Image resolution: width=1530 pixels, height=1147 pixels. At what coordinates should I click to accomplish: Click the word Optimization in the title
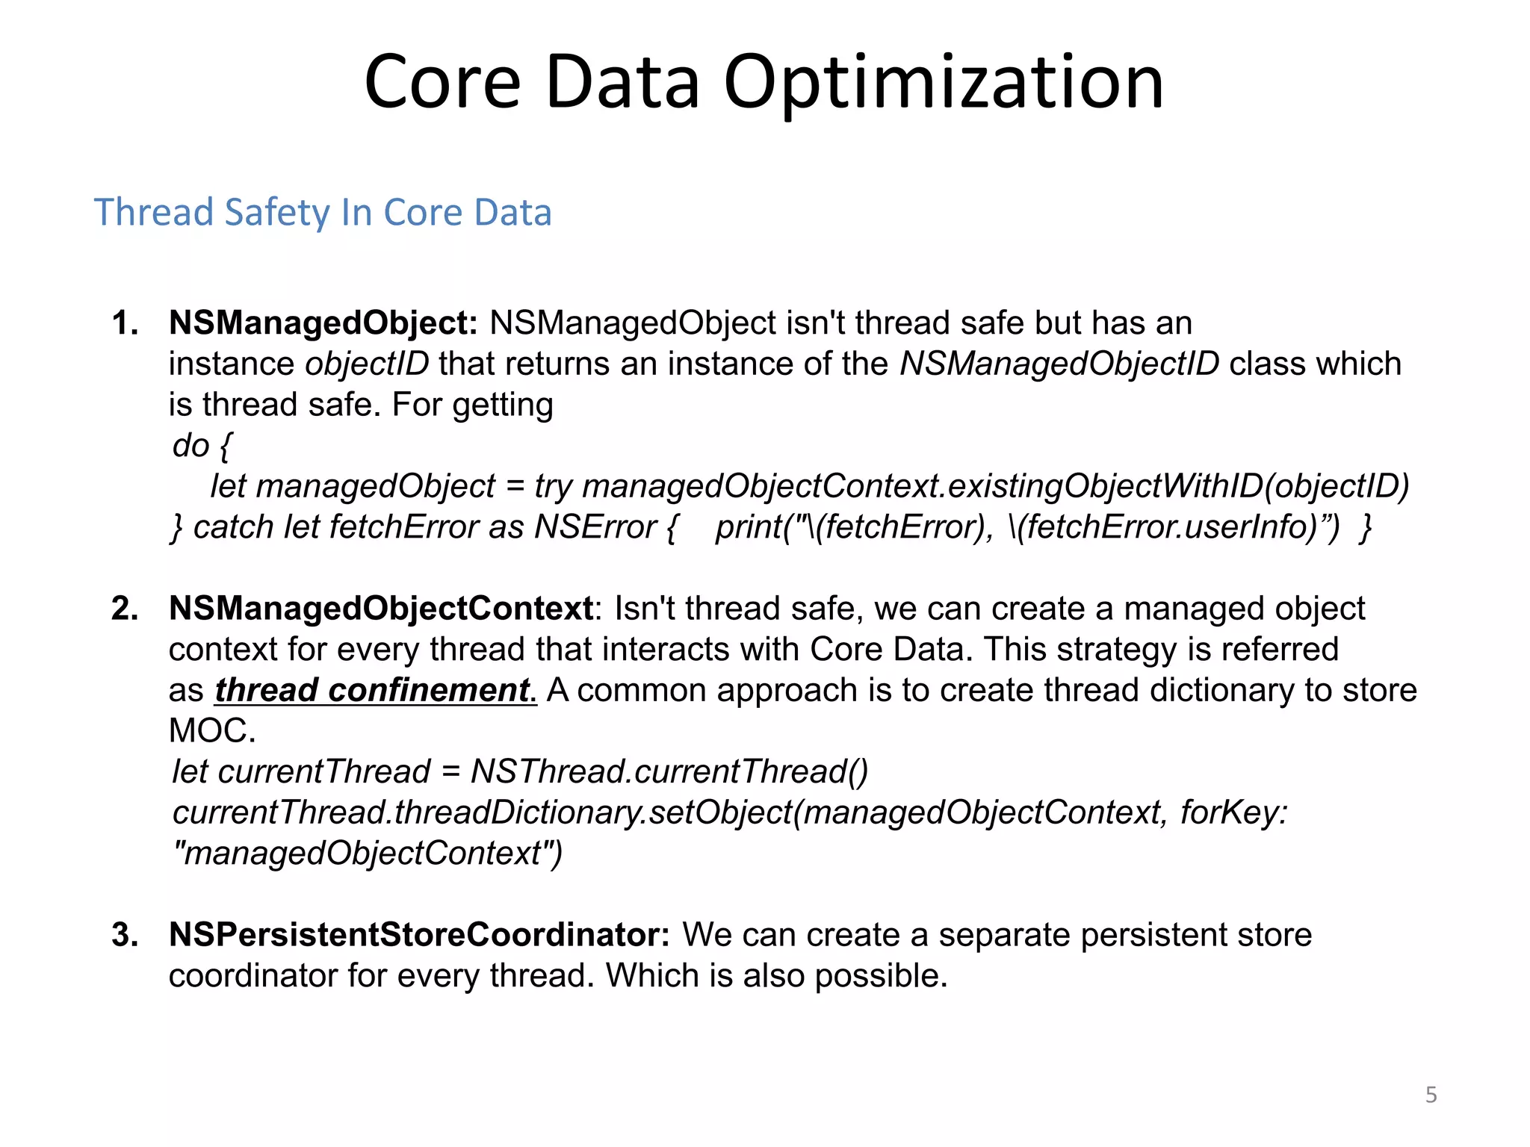pyautogui.click(x=943, y=82)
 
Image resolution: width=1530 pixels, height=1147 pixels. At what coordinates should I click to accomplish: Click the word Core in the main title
pyautogui.click(x=442, y=82)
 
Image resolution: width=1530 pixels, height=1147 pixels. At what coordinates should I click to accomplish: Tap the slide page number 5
pyautogui.click(x=1431, y=1095)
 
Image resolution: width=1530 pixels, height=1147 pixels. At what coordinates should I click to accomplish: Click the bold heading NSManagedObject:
pyautogui.click(x=323, y=323)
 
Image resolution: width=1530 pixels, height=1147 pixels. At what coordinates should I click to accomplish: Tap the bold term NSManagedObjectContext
pyautogui.click(x=381, y=609)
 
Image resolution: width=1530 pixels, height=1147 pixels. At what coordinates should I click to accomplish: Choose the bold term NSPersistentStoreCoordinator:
pyautogui.click(x=419, y=935)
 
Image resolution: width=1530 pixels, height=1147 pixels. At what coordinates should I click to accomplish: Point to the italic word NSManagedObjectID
pyautogui.click(x=1059, y=364)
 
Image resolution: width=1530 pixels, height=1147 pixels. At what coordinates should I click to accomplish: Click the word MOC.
pyautogui.click(x=212, y=731)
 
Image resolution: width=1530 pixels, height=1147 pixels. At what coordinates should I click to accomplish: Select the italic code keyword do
pyautogui.click(x=191, y=446)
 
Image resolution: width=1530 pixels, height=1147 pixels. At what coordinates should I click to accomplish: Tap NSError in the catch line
pyautogui.click(x=595, y=527)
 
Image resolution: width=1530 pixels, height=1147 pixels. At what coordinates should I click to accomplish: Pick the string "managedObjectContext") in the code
pyautogui.click(x=367, y=854)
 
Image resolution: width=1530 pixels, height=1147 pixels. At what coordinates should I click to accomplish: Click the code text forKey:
pyautogui.click(x=1233, y=812)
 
